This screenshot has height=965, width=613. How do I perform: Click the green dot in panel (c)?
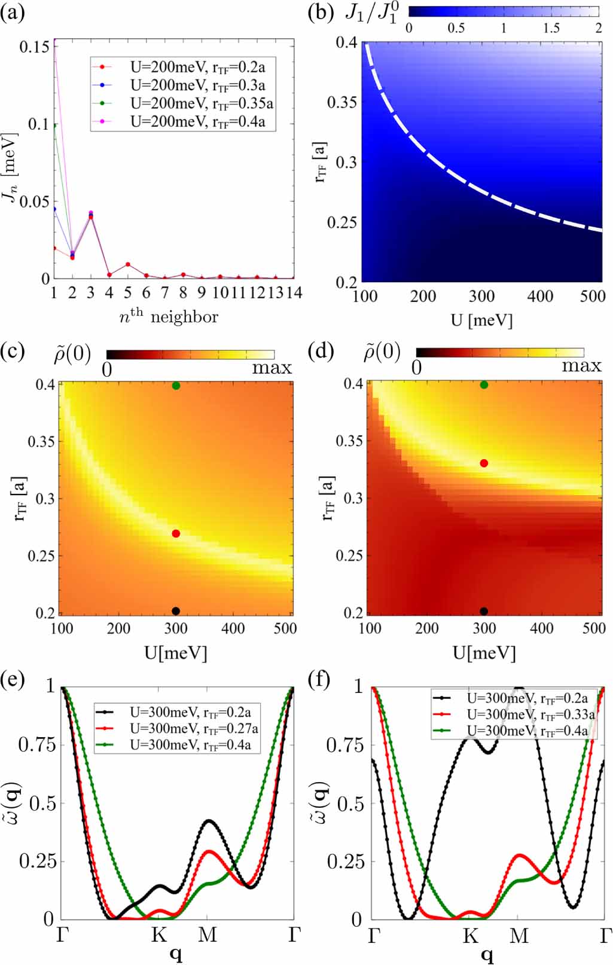[176, 386]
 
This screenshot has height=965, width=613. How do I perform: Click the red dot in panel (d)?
[484, 463]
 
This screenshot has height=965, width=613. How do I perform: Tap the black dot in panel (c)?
[176, 611]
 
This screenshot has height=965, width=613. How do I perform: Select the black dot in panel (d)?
[484, 611]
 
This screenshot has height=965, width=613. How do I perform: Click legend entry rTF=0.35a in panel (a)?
[201, 104]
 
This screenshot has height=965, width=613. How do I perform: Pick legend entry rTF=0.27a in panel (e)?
[193, 729]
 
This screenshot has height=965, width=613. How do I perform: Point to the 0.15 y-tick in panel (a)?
[34, 47]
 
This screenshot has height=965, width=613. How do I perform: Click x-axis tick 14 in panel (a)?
[294, 293]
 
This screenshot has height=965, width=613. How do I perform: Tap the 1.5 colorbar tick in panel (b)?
[551, 28]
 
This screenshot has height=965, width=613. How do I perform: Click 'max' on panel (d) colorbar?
[581, 366]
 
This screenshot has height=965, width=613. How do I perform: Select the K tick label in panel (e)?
[158, 935]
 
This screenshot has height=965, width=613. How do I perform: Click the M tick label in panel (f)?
[519, 935]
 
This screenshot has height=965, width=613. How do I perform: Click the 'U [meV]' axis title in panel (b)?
[481, 320]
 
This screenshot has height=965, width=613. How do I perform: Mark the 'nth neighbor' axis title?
[169, 317]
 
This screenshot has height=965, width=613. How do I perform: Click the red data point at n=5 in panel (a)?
[128, 264]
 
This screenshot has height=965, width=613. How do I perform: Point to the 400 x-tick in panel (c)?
[233, 628]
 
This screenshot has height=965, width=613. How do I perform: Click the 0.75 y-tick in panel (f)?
[344, 745]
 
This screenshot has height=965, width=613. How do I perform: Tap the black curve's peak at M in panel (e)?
[208, 821]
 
